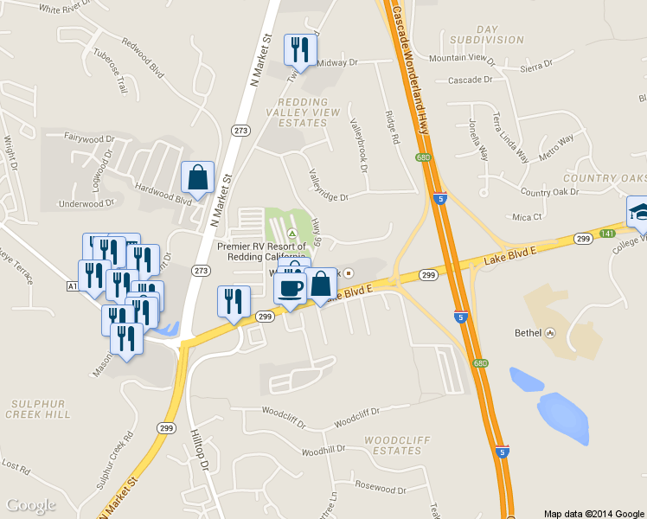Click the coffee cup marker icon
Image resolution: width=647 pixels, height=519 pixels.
(291, 286)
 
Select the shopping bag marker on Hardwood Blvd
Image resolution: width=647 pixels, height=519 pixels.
(197, 177)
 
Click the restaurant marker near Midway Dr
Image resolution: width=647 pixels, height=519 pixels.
(300, 49)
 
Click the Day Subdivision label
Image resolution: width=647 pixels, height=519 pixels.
(487, 34)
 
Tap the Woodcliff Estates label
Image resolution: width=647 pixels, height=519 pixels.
(392, 445)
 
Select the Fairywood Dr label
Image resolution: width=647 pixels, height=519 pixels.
(89, 138)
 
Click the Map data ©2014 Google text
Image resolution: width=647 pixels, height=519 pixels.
(594, 513)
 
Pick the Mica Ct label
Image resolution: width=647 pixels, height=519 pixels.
(527, 217)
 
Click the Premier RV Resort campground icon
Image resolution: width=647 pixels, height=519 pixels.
(292, 234)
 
